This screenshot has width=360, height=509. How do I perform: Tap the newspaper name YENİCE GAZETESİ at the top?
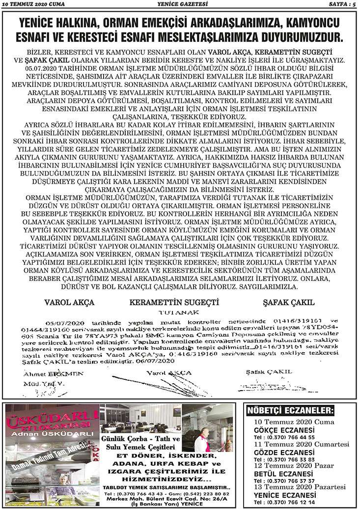pos(179,5)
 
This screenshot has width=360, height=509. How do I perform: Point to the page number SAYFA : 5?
pos(341,5)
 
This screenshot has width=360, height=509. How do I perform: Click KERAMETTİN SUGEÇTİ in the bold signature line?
pos(174,302)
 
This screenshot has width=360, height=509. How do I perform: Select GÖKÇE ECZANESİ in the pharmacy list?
pos(281,430)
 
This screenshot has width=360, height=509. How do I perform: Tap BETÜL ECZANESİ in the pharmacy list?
pos(280,473)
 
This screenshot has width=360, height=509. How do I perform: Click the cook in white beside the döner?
pos(201,440)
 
